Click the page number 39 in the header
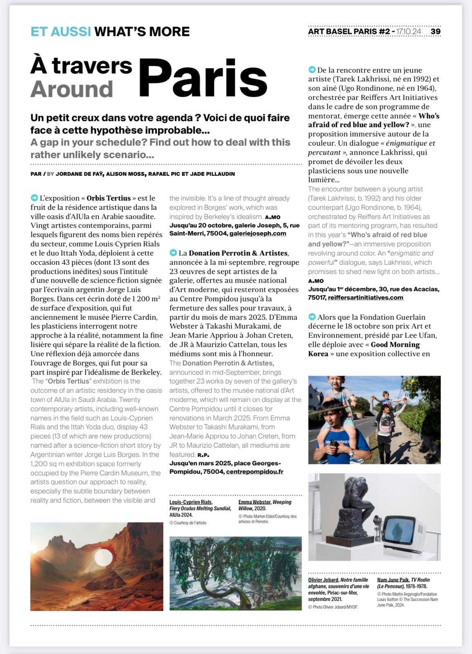pos(435,31)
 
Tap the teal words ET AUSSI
pos(60,31)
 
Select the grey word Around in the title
pos(72,89)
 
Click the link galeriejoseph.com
pos(257,233)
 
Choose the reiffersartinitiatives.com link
pos(365,298)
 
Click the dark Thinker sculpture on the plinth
pos(353,507)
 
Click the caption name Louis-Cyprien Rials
pos(190,502)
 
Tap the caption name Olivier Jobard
pos(323,580)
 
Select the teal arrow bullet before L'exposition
pos(34,198)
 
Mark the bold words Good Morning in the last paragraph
pos(395,345)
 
